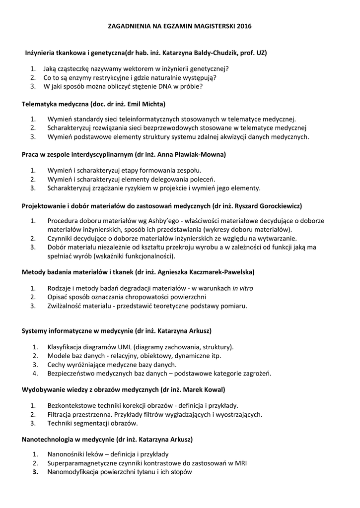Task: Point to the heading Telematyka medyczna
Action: coord(55,104)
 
